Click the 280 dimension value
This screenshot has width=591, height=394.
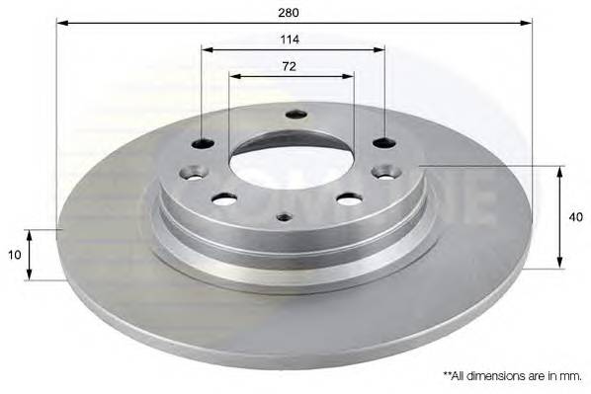pyautogui.click(x=289, y=13)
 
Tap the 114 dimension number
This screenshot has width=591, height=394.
pyautogui.click(x=290, y=39)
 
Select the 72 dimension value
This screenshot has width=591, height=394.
pyautogui.click(x=290, y=67)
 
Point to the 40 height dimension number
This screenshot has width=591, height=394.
pyautogui.click(x=575, y=217)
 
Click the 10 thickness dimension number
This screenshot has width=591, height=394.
pyautogui.click(x=14, y=255)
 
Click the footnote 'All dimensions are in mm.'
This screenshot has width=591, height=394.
pyautogui.click(x=512, y=375)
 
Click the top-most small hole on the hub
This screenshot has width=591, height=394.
pyautogui.click(x=295, y=115)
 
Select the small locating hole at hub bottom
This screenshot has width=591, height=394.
pyautogui.click(x=285, y=217)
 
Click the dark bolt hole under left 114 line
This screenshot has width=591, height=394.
pyautogui.click(x=203, y=144)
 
